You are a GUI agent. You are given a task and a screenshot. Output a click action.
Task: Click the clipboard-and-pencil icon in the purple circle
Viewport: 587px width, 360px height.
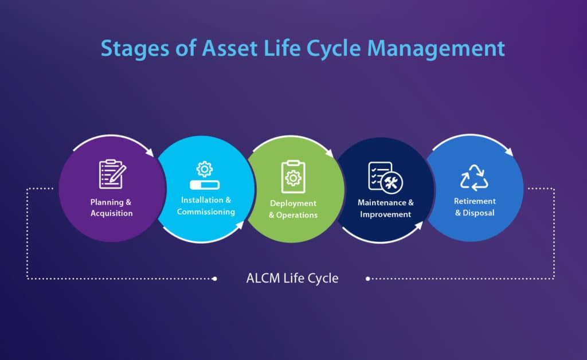click(111, 174)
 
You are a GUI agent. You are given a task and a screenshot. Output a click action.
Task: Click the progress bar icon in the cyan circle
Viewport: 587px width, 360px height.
click(204, 185)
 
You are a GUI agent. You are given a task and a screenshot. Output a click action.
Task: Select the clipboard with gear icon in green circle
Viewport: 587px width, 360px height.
click(292, 177)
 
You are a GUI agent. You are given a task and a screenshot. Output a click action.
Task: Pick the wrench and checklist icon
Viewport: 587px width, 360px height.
click(385, 177)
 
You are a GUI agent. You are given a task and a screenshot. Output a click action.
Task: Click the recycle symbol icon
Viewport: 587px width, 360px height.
click(474, 177)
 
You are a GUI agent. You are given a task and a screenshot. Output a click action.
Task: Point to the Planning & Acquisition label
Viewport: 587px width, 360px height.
click(111, 208)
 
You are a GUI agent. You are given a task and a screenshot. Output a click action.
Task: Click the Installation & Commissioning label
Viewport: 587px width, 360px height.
click(205, 206)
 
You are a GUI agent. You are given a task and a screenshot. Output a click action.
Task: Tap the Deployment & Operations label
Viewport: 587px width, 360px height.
click(293, 209)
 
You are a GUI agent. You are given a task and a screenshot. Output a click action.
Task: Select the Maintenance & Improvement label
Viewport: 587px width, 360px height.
click(385, 208)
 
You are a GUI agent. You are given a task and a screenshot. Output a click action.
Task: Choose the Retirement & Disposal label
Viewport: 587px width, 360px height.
click(475, 207)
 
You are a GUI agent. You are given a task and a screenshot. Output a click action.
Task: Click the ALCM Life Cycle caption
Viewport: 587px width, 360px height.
click(292, 279)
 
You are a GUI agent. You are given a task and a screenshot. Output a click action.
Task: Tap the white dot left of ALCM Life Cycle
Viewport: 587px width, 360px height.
click(214, 279)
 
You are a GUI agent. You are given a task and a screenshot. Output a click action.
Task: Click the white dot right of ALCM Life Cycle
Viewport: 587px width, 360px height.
click(367, 279)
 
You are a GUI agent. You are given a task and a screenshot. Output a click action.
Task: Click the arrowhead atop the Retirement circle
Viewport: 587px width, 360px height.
click(510, 152)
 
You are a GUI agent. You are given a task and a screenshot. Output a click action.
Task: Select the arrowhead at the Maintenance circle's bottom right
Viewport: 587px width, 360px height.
click(418, 225)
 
